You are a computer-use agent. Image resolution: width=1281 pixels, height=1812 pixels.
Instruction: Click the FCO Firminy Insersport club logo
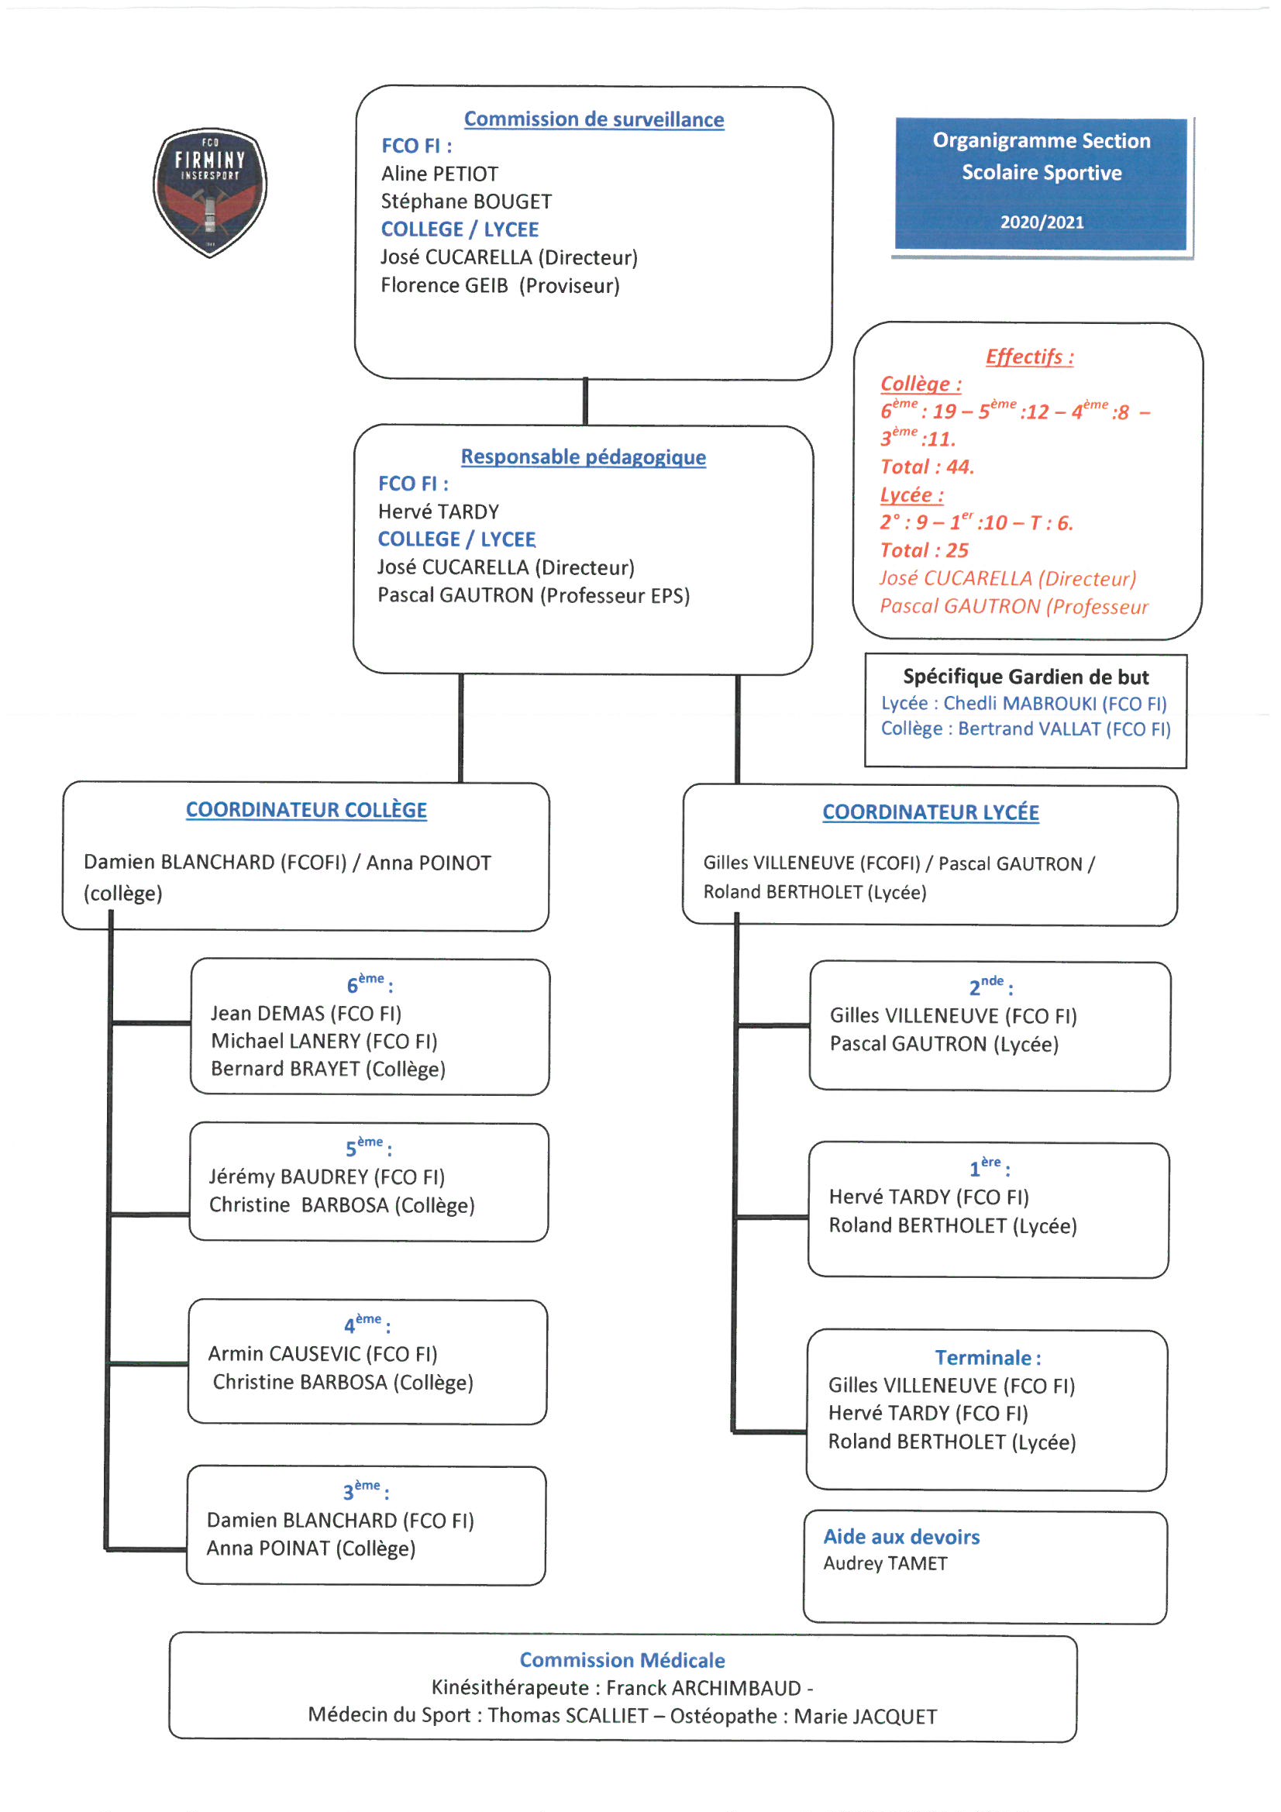pyautogui.click(x=210, y=191)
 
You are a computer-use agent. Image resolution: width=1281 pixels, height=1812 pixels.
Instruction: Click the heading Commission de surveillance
pyautogui.click(x=594, y=119)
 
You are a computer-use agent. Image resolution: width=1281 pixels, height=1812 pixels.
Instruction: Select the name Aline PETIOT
pyautogui.click(x=439, y=174)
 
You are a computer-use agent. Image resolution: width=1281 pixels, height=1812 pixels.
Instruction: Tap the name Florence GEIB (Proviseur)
pyautogui.click(x=500, y=285)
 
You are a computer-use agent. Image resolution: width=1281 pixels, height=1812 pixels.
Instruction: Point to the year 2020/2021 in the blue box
pyautogui.click(x=1042, y=222)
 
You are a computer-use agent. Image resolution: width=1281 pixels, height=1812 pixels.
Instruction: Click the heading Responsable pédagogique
pyautogui.click(x=584, y=457)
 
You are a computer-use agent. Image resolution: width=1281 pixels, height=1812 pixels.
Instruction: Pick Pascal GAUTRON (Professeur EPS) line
pyautogui.click(x=533, y=595)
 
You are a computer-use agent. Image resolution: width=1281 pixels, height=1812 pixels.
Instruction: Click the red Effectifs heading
pyautogui.click(x=1029, y=357)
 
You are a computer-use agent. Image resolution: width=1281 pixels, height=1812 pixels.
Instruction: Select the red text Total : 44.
pyautogui.click(x=928, y=467)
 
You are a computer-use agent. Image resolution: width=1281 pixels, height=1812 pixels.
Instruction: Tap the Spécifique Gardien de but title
pyautogui.click(x=1025, y=677)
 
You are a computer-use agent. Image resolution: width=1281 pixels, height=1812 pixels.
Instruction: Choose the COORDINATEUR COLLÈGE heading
pyautogui.click(x=306, y=810)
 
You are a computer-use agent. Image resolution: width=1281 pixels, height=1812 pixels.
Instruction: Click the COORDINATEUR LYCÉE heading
pyautogui.click(x=931, y=812)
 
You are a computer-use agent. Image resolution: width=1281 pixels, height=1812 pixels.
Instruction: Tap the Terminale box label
pyautogui.click(x=988, y=1357)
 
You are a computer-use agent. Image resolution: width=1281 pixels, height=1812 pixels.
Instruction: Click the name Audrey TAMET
pyautogui.click(x=886, y=1563)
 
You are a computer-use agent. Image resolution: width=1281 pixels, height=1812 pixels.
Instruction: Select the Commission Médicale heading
pyautogui.click(x=622, y=1659)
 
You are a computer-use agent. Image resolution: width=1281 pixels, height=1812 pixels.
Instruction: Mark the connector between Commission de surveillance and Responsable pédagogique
pyautogui.click(x=585, y=401)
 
